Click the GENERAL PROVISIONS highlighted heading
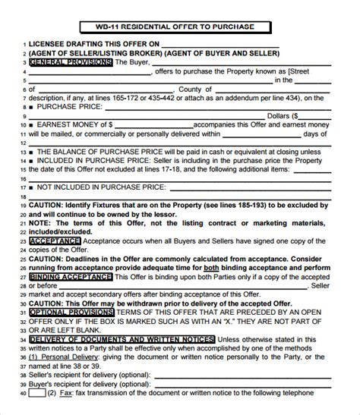click(x=69, y=63)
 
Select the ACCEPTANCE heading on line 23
click(x=54, y=241)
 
